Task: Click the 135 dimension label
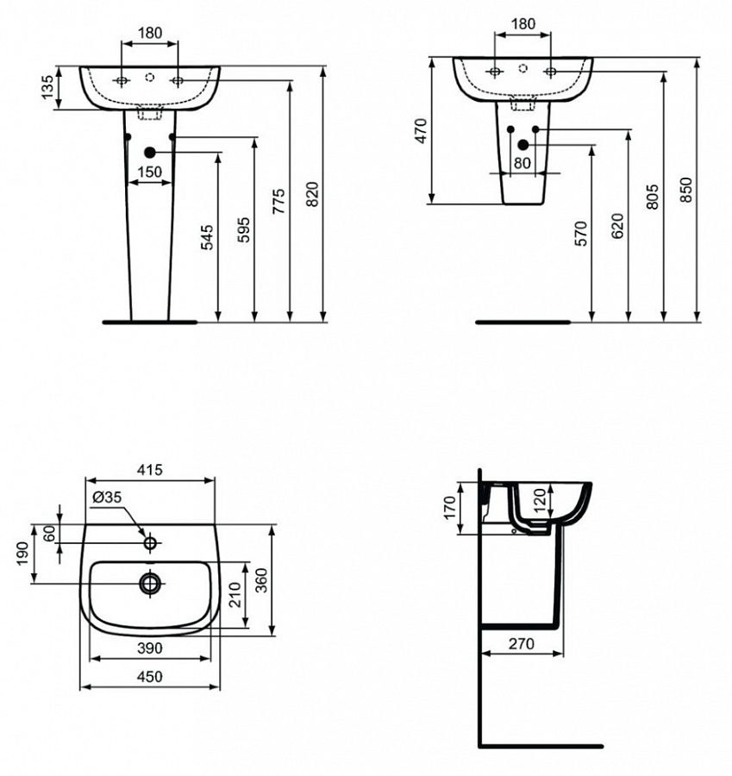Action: click(x=48, y=88)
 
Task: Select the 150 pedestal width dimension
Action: click(x=150, y=172)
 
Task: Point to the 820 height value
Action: click(x=314, y=196)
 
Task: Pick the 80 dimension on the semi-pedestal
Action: click(x=522, y=162)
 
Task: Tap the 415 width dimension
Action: click(x=150, y=470)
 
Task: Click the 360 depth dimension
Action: click(x=261, y=580)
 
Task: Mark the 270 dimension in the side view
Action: click(x=521, y=643)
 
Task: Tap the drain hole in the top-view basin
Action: click(x=151, y=583)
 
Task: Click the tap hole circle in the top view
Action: click(x=150, y=543)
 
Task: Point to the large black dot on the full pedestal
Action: click(x=150, y=153)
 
